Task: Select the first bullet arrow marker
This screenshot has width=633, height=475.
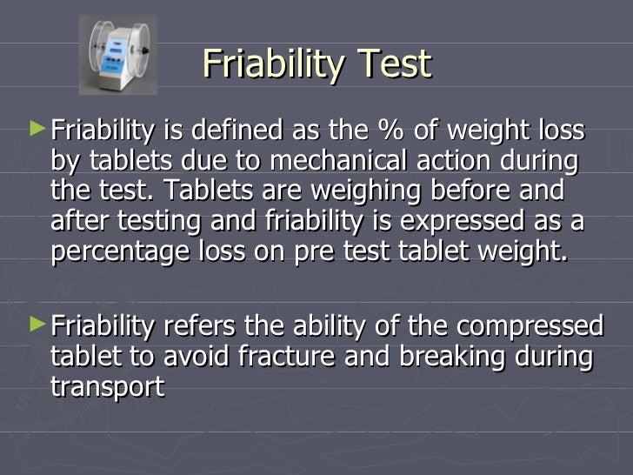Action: tap(36, 130)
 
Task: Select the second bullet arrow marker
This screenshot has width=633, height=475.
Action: tap(36, 324)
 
